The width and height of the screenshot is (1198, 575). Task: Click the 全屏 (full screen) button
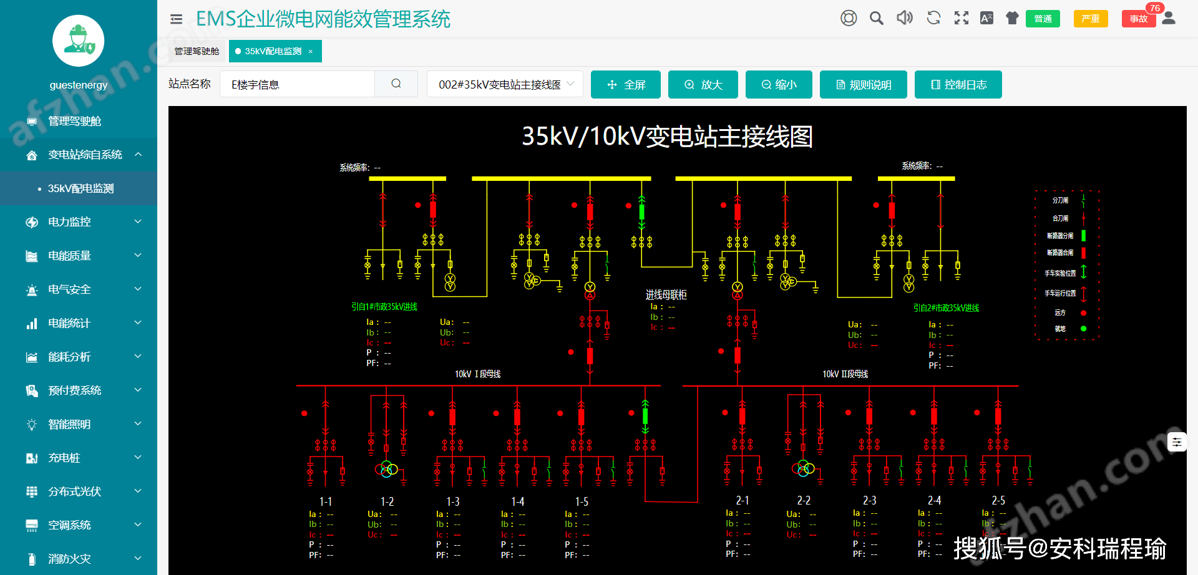click(625, 85)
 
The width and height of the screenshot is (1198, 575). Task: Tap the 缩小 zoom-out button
click(779, 85)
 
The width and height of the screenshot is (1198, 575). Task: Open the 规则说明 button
click(864, 85)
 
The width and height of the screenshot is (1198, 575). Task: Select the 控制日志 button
click(958, 85)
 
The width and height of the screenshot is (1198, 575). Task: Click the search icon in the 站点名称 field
click(396, 84)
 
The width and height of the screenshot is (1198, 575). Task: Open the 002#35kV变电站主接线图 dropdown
click(505, 85)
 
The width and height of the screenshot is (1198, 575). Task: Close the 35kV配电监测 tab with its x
click(311, 51)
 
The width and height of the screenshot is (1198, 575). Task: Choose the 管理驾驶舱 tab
click(197, 51)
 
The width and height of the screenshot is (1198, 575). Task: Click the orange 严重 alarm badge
click(1090, 19)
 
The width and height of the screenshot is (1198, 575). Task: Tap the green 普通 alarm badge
click(1043, 19)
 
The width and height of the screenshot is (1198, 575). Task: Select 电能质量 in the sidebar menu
click(69, 256)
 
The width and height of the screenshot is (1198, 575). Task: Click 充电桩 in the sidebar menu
click(64, 458)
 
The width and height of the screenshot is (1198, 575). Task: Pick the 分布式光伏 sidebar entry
click(74, 491)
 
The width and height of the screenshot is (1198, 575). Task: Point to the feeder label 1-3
click(453, 501)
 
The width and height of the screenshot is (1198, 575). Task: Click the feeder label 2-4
click(934, 500)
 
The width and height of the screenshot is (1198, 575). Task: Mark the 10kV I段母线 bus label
click(477, 374)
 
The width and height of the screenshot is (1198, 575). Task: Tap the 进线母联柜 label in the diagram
click(666, 294)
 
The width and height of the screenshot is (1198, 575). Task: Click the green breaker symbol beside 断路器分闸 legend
click(1083, 236)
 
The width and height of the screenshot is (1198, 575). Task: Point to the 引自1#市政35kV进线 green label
click(384, 307)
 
